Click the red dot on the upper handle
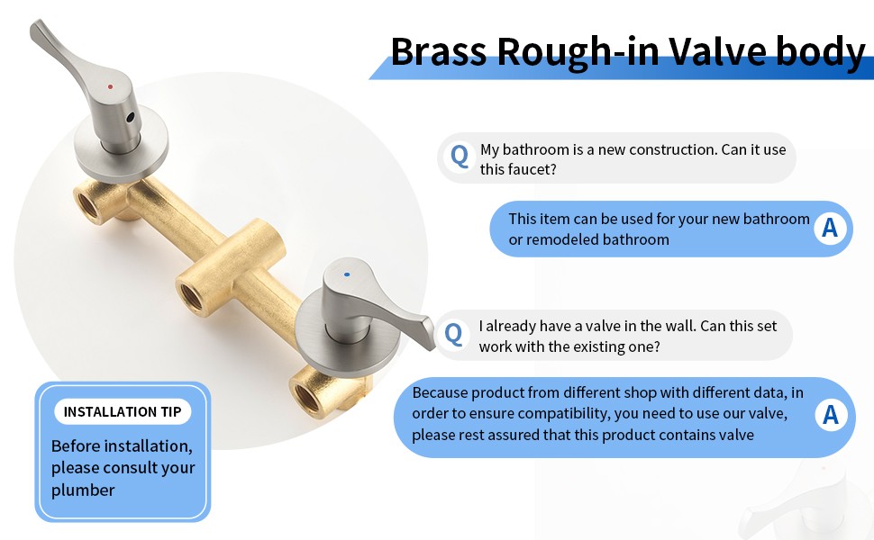click(x=110, y=86)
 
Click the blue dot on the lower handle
click(x=347, y=274)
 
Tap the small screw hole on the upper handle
click(x=131, y=118)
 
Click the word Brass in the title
click(x=439, y=51)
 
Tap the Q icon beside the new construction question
click(x=460, y=157)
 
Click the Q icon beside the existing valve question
click(x=453, y=334)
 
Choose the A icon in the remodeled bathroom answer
click(x=830, y=228)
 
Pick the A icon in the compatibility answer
click(x=831, y=415)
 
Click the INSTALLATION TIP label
click(x=123, y=411)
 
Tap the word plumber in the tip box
click(x=83, y=490)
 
